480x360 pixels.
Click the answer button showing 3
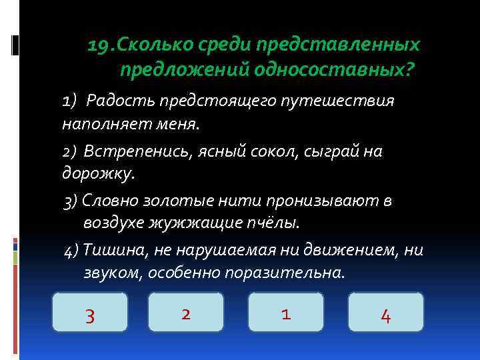(x=90, y=313)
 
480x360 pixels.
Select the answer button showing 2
(x=186, y=313)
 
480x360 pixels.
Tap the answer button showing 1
(x=285, y=313)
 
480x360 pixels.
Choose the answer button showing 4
(x=385, y=313)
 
